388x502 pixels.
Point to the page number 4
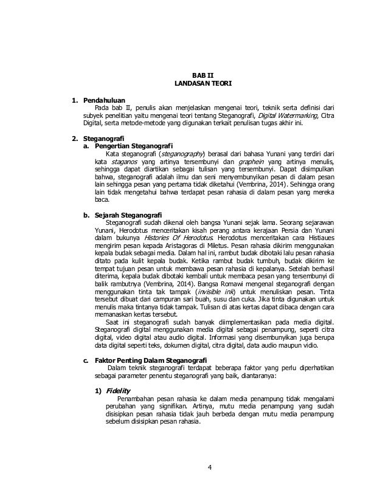[209, 467]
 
